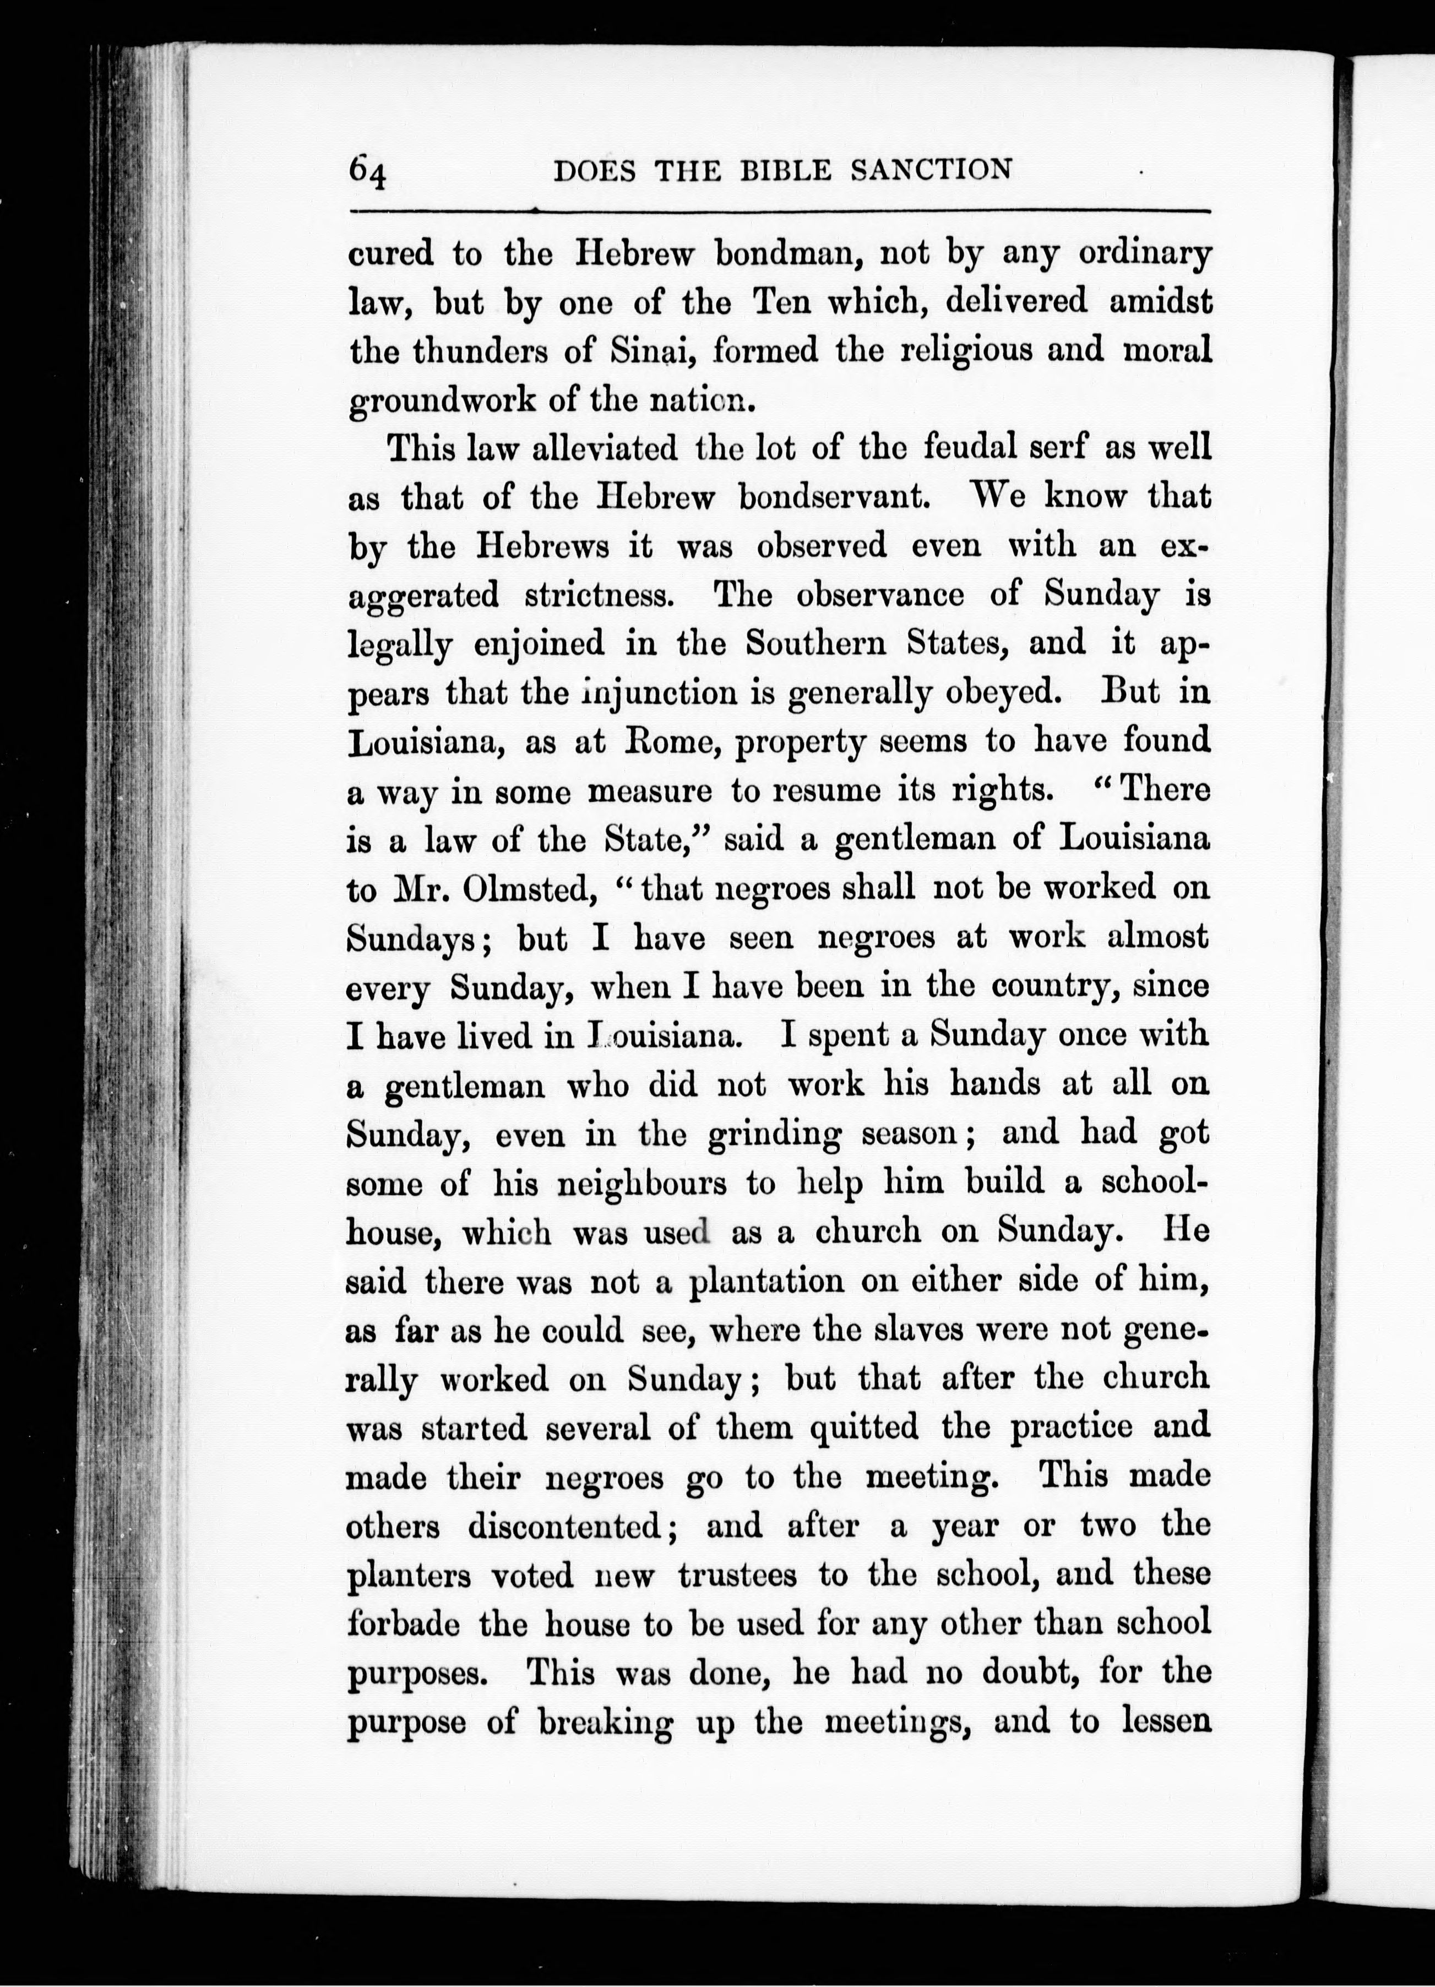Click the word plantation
point(767,1283)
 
